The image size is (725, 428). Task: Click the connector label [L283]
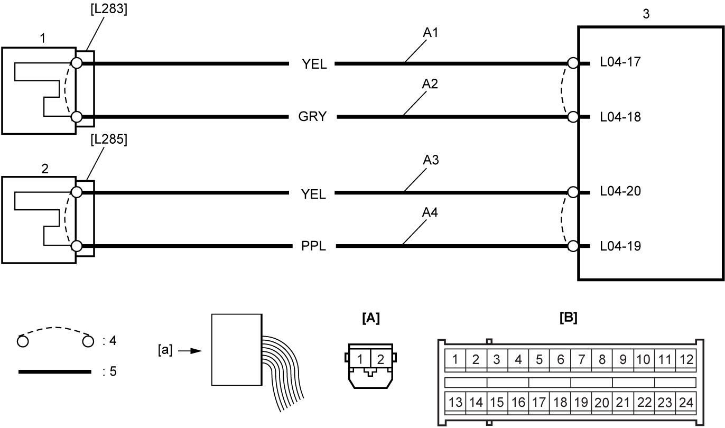coord(109,9)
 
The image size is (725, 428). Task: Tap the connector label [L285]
coord(109,139)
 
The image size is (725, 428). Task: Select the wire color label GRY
coord(312,117)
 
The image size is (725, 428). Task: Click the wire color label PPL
coord(313,246)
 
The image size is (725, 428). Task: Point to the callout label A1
coord(431,33)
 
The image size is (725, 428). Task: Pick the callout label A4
coord(430,213)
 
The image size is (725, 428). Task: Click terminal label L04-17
coord(620,62)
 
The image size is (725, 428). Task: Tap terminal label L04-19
coord(620,246)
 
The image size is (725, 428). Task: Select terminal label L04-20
coord(620,191)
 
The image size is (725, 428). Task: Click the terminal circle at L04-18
coord(573,117)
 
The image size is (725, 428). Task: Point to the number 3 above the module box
coord(646,14)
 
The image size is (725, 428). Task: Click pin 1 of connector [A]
coord(360,359)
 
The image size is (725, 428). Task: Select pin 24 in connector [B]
coord(686,403)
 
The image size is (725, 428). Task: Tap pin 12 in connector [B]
coord(686,359)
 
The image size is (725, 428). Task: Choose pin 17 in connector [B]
coord(539,403)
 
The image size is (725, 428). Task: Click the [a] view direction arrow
coord(190,351)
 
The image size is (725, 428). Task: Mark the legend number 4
coord(113,341)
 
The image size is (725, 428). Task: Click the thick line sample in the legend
coord(55,371)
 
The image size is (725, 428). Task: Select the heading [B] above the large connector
coord(569,318)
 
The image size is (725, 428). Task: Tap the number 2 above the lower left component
coord(45,169)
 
